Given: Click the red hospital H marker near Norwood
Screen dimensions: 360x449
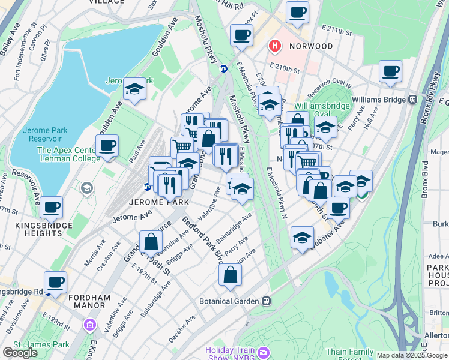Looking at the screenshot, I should pyautogui.click(x=275, y=46).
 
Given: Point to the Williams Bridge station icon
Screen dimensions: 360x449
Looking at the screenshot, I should pyautogui.click(x=413, y=99).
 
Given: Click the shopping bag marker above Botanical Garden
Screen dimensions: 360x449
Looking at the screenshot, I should pyautogui.click(x=230, y=275).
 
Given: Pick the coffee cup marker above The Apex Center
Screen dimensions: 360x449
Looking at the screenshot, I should pyautogui.click(x=107, y=145).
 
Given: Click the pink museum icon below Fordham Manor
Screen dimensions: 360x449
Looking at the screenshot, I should pyautogui.click(x=90, y=325).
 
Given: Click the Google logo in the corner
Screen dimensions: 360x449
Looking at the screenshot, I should pyautogui.click(x=20, y=353).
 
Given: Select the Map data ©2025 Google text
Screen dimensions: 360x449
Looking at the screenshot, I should pyautogui.click(x=412, y=355).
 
